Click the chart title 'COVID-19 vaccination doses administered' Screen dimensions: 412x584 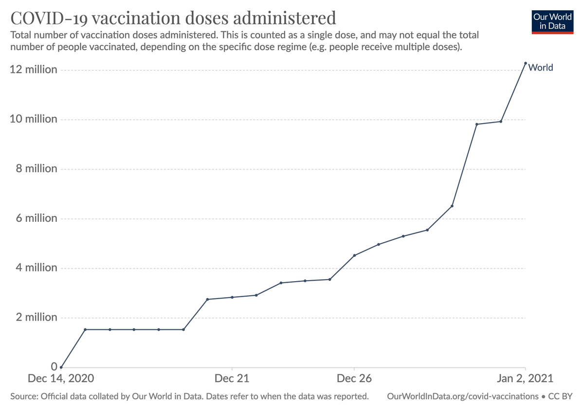173,18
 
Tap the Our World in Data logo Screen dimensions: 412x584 552,20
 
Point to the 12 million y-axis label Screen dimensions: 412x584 34,70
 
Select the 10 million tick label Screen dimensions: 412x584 34,119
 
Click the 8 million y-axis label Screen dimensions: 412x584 36,169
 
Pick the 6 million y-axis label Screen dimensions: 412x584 36,218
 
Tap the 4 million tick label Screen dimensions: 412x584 36,268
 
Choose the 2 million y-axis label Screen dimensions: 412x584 36,318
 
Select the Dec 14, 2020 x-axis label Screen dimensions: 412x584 61,378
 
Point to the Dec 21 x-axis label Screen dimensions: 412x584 232,378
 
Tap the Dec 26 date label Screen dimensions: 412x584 354,378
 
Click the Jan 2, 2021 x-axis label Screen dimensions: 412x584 525,378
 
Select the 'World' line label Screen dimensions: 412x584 541,68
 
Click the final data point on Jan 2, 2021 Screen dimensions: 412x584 525,63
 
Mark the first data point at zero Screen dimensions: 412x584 61,367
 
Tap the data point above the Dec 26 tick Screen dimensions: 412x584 354,255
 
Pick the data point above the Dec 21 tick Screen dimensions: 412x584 232,297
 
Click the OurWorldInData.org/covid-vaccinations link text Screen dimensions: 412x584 462,396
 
